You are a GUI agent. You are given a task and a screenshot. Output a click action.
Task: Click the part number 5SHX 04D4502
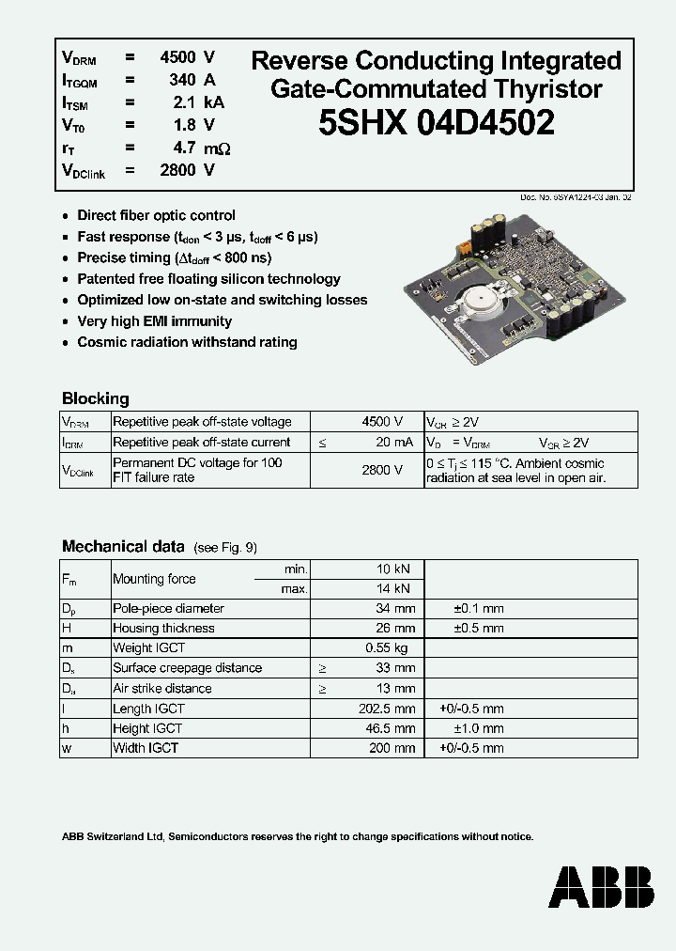tap(436, 123)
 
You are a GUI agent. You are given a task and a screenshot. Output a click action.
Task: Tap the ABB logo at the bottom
tap(602, 887)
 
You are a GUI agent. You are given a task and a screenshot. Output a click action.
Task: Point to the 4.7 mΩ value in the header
tap(197, 148)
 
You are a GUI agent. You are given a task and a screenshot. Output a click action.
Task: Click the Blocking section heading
tap(95, 398)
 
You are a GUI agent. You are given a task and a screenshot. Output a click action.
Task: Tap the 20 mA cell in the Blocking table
tap(393, 443)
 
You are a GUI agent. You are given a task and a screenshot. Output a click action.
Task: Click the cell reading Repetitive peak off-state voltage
tap(202, 423)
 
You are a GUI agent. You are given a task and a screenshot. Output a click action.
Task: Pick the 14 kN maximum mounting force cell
tap(394, 588)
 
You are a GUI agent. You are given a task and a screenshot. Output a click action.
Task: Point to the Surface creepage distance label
tap(187, 668)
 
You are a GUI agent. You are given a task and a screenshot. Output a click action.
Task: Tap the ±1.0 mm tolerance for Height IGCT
tap(478, 728)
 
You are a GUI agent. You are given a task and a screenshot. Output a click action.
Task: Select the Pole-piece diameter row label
tap(168, 609)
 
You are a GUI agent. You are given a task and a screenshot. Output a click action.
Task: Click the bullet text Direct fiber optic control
tap(156, 215)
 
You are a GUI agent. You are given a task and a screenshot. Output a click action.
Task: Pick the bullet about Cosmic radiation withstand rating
tap(187, 342)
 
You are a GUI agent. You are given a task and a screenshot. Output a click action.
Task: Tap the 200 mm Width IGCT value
tap(392, 748)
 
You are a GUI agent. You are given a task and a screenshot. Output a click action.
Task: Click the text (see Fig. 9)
tap(225, 548)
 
